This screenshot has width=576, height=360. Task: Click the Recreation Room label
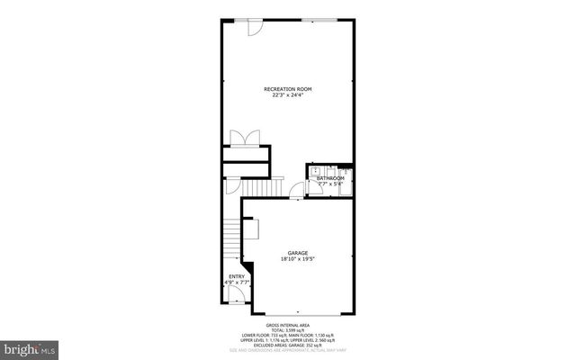click(288, 88)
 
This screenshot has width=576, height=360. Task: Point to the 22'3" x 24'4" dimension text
click(288, 95)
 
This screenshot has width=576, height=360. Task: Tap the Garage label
click(298, 253)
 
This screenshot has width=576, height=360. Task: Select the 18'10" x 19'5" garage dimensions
click(298, 260)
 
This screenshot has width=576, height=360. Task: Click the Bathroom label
click(330, 178)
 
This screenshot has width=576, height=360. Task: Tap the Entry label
click(236, 276)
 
